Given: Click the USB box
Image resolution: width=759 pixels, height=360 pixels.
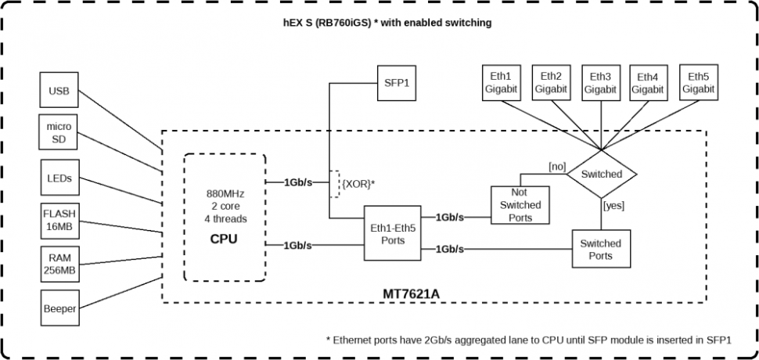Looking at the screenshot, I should click(59, 91).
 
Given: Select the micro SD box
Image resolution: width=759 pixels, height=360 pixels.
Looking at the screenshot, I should click(59, 134).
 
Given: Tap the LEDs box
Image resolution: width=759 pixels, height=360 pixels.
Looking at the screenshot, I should click(59, 178).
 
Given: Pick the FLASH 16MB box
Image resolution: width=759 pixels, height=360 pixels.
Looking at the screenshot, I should click(59, 220).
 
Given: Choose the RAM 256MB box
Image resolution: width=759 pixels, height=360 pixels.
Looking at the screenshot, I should click(59, 265).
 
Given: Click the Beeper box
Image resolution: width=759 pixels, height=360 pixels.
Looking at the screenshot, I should click(59, 308).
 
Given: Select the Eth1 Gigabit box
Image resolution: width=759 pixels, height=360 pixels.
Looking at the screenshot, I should click(501, 83).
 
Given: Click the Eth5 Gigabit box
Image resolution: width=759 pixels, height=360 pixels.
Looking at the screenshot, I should click(698, 83).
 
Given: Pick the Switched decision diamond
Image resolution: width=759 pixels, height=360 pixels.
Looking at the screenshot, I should click(602, 174).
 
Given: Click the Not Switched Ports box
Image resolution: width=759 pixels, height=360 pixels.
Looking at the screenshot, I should click(520, 205).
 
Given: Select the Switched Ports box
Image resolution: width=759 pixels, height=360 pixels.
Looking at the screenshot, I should click(601, 250).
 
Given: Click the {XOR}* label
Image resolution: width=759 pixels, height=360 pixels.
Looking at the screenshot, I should click(358, 183).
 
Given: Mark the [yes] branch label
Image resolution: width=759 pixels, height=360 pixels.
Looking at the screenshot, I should click(613, 205).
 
